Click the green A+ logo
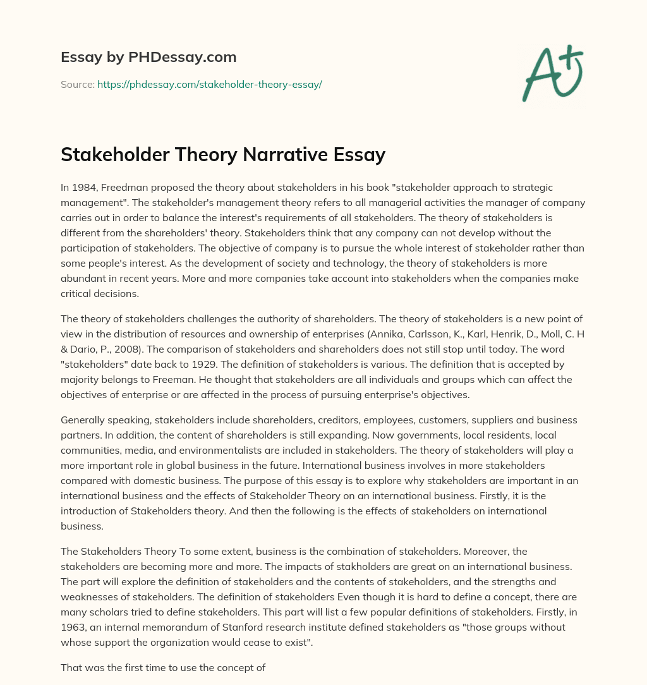552,73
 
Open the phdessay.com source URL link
209,84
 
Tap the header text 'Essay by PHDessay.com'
148,58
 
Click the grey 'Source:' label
77,84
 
